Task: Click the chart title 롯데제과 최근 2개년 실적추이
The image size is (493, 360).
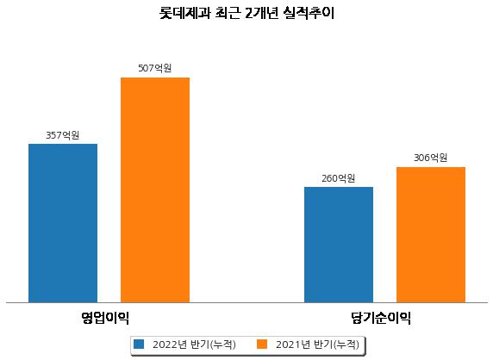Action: click(246, 13)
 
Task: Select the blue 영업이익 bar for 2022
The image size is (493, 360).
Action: click(63, 223)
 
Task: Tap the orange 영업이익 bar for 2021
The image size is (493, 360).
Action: click(155, 190)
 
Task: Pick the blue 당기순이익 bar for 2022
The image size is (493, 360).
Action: click(339, 245)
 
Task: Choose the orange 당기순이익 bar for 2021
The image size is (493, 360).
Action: click(431, 234)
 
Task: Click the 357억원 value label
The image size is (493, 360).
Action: click(63, 135)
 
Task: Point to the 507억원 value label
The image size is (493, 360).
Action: click(155, 68)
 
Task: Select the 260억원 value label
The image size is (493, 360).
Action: click(339, 178)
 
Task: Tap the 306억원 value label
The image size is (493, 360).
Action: click(430, 158)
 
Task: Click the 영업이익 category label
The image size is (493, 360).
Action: click(105, 318)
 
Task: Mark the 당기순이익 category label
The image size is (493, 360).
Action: click(381, 318)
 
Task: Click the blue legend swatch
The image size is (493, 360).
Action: click(139, 344)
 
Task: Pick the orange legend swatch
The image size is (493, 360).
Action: click(262, 344)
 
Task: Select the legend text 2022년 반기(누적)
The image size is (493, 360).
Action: click(194, 344)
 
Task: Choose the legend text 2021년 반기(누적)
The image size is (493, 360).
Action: click(317, 344)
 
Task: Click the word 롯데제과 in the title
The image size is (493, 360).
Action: click(184, 13)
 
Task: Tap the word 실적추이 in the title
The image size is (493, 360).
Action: click(309, 13)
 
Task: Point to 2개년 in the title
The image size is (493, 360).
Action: click(261, 13)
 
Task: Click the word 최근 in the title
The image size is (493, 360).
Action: click(228, 13)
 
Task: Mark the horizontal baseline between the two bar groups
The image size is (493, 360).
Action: click(246, 303)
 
